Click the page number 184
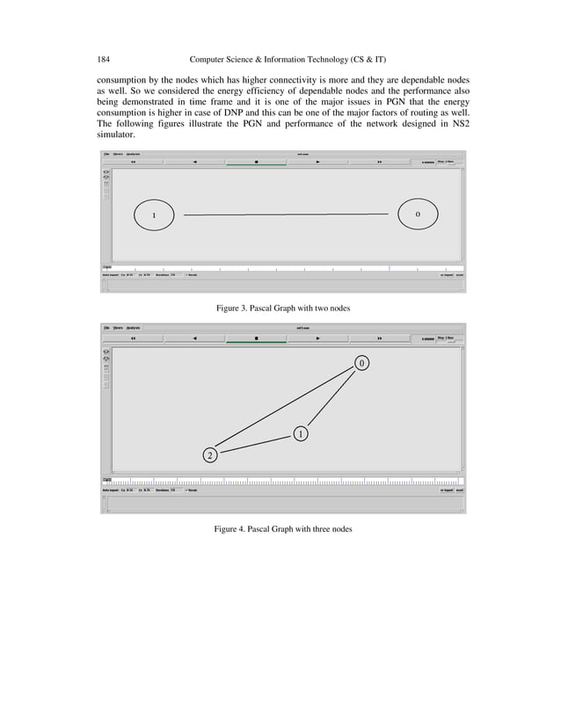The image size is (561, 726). (103, 59)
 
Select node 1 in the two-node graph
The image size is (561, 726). (154, 214)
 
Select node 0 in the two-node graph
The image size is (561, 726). (417, 214)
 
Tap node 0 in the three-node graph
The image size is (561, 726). (361, 363)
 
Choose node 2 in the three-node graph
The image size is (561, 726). (210, 454)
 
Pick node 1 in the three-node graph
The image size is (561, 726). (300, 434)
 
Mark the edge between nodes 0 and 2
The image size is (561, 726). (281, 408)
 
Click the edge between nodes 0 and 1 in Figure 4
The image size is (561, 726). (332, 397)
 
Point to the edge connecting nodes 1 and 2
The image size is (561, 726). (255, 444)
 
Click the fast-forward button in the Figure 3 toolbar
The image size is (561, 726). (379, 162)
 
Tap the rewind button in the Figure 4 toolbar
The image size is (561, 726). (133, 338)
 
